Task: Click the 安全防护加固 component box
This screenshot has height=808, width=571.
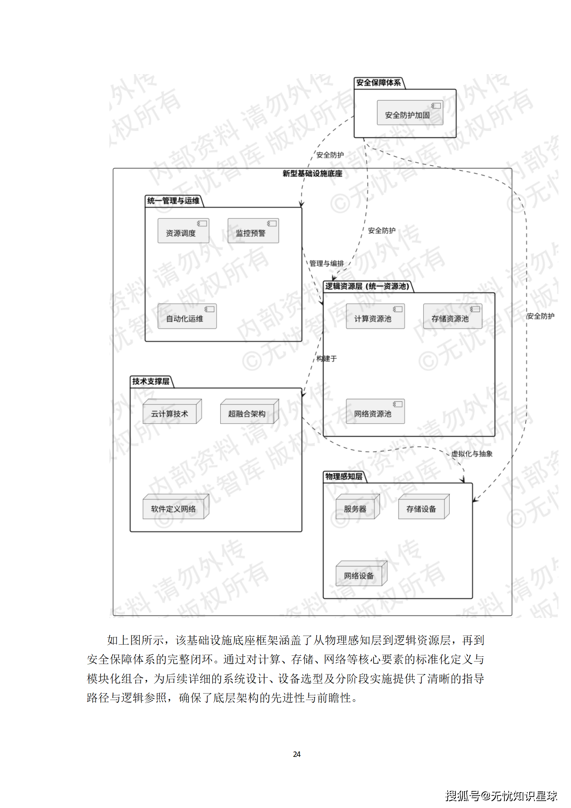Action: click(409, 113)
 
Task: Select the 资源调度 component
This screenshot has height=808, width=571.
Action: click(183, 231)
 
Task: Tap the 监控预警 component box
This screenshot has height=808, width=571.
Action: click(253, 231)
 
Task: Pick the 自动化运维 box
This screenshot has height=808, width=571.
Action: click(187, 317)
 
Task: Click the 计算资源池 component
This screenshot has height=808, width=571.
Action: click(375, 317)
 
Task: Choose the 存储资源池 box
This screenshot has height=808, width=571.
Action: click(452, 317)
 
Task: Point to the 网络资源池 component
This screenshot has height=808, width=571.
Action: click(375, 412)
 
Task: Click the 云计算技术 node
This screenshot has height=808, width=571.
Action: click(171, 412)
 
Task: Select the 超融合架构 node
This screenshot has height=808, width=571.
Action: click(249, 412)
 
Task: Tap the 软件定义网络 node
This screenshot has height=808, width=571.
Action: click(175, 507)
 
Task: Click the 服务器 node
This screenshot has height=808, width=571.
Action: click(357, 507)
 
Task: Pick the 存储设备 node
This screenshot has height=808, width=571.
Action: click(423, 507)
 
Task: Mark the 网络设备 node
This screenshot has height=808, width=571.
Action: click(361, 574)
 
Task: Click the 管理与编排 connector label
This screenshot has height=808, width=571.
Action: click(326, 263)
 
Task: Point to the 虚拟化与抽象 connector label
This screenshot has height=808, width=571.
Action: click(472, 454)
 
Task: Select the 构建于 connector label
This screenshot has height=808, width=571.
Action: click(327, 358)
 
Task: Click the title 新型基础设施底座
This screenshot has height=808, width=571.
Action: click(312, 173)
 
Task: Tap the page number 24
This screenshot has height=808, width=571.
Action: click(296, 754)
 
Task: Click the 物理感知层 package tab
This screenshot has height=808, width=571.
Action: click(344, 477)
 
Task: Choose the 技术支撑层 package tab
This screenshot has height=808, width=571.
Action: click(151, 382)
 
